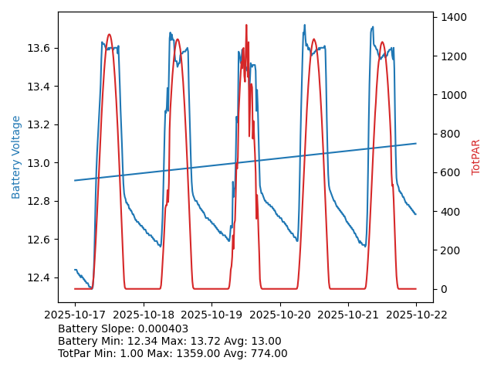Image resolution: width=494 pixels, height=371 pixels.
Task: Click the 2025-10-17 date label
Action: [75, 314]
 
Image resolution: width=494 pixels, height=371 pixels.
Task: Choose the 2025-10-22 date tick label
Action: [416, 314]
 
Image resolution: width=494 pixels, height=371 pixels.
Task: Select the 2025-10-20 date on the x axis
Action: [279, 314]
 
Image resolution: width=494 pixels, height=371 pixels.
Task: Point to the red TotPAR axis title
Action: [476, 157]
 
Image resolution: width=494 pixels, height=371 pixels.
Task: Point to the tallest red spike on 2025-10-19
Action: [246, 26]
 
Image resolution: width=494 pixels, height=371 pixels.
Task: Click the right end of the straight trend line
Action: [416, 143]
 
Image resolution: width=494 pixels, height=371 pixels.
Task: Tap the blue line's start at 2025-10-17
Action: [75, 270]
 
